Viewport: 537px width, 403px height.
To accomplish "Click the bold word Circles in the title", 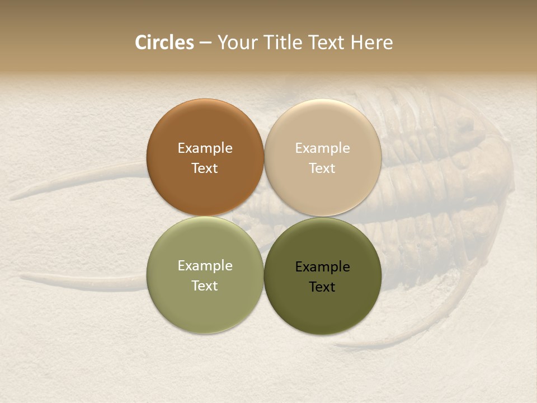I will (164, 43).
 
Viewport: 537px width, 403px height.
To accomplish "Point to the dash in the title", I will (205, 43).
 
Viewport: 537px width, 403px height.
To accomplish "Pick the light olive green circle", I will (205, 275).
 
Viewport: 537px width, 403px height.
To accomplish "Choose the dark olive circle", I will (323, 275).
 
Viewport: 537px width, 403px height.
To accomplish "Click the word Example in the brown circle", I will (205, 148).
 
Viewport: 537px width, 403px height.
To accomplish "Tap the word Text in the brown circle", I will (205, 168).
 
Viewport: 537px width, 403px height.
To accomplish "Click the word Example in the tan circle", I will (323, 148).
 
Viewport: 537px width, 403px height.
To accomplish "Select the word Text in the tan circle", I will (323, 168).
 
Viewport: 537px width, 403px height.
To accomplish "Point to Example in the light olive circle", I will (205, 266).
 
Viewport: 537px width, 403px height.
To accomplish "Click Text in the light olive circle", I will (205, 285).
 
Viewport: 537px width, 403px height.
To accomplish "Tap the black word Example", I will (323, 267).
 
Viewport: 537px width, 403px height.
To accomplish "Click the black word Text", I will (323, 287).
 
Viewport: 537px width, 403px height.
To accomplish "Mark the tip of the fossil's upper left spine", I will (11, 198).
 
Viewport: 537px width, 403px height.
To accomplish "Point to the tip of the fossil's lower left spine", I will (21, 276).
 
